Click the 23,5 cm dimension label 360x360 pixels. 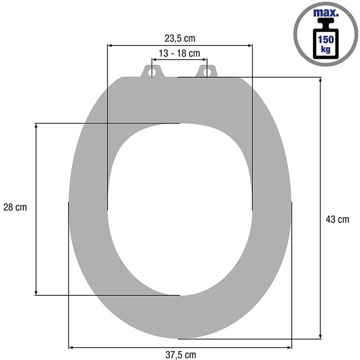(180, 38)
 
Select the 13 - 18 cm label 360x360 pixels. (179, 53)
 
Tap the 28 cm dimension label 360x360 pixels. (15, 207)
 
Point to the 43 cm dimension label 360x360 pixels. (337, 219)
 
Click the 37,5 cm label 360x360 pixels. (181, 354)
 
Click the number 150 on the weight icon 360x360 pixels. (326, 39)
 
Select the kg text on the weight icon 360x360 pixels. (326, 49)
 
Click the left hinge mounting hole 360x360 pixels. (152, 73)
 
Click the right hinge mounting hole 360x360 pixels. (207, 73)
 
